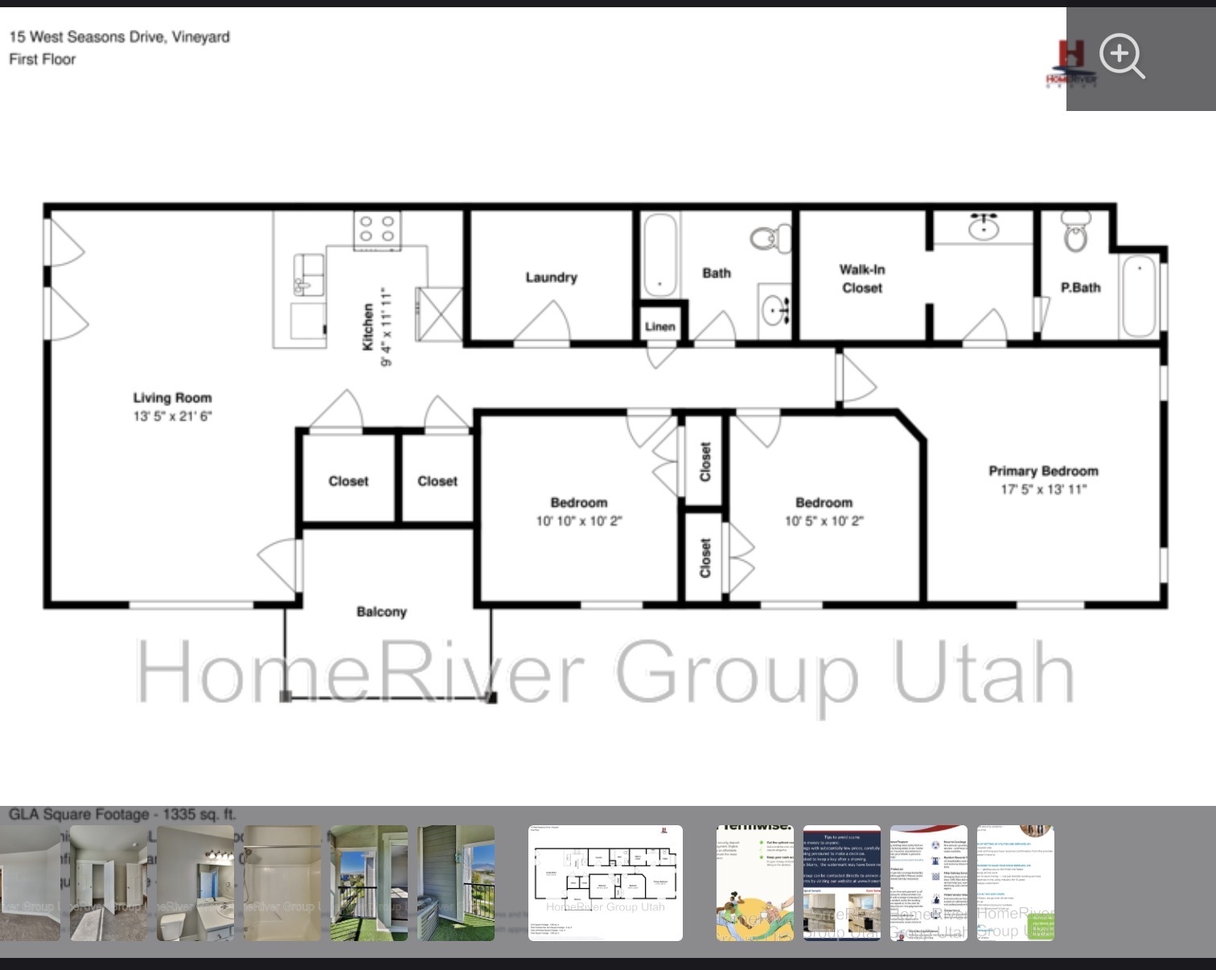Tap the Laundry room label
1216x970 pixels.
[x=551, y=277]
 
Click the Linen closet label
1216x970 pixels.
[x=659, y=327]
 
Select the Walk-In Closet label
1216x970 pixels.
[x=862, y=278]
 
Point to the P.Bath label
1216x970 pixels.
[x=1080, y=287]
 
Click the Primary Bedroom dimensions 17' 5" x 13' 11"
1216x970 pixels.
[x=1043, y=489]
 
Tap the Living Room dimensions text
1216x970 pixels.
[x=172, y=416]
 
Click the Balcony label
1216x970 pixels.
[x=381, y=612]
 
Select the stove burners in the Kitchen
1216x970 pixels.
[x=377, y=228]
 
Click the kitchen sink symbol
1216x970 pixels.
[x=309, y=275]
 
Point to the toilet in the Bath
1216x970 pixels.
[x=771, y=237]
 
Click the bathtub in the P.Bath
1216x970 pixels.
[x=1138, y=295]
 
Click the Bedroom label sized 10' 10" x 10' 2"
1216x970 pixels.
[x=578, y=503]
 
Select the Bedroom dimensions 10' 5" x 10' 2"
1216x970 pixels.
[x=824, y=521]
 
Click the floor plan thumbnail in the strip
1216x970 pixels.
[x=605, y=882]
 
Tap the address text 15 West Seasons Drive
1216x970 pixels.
[x=119, y=37]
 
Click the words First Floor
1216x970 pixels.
[x=43, y=60]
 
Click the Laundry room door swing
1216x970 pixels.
[x=544, y=323]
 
